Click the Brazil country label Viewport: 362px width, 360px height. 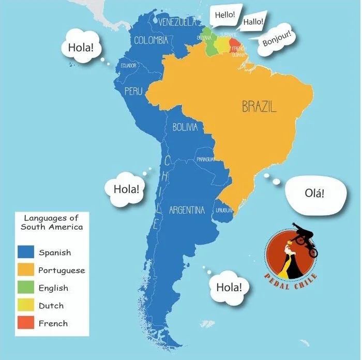pyautogui.click(x=259, y=107)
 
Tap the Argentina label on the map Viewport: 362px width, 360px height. pyautogui.click(x=187, y=210)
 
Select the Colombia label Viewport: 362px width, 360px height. pyautogui.click(x=151, y=40)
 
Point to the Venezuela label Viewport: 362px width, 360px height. pyautogui.click(x=177, y=22)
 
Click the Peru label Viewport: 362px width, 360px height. pyautogui.click(x=133, y=91)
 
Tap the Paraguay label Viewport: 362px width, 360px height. pyautogui.click(x=205, y=159)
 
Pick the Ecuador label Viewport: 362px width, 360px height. pyautogui.click(x=128, y=66)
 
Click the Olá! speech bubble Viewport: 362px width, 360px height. pyautogui.click(x=314, y=194)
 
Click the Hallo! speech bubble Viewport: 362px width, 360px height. pyautogui.click(x=253, y=22)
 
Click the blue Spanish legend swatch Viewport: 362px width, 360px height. pyautogui.click(x=26, y=252)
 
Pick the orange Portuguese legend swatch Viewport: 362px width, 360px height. pyautogui.click(x=26, y=270)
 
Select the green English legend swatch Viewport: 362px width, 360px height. pyautogui.click(x=26, y=288)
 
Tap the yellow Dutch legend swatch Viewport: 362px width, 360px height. pyautogui.click(x=26, y=305)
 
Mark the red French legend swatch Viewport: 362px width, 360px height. pyautogui.click(x=26, y=323)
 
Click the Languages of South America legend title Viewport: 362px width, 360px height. pyautogui.click(x=52, y=222)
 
